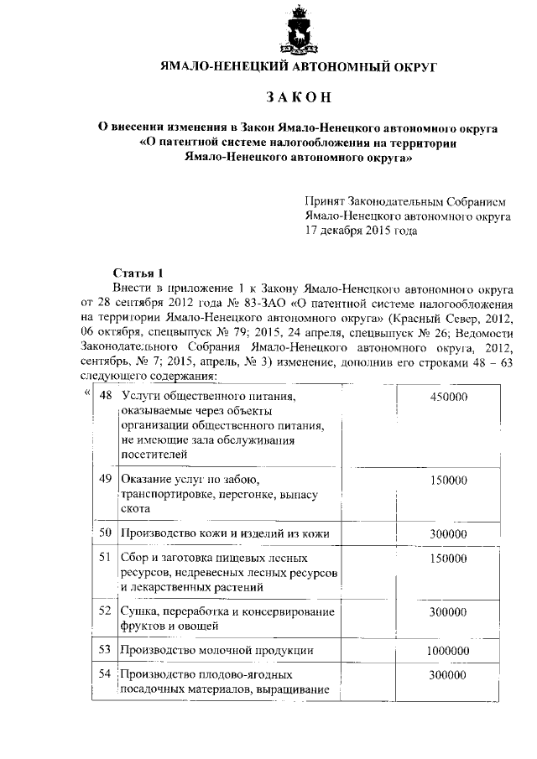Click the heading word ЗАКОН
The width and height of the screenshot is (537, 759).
pos(300,97)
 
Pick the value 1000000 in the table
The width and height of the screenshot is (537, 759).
pos(446,649)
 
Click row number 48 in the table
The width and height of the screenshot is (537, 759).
pos(106,395)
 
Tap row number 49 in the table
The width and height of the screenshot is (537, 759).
pos(106,479)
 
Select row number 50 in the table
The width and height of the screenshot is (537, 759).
pos(106,533)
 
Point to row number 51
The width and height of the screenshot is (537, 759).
pos(106,556)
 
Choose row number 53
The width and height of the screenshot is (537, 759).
pos(106,649)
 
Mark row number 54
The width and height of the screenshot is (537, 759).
pos(106,673)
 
